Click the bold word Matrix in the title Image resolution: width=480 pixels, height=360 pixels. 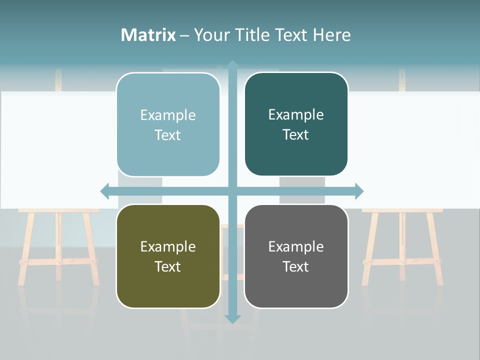point(148,35)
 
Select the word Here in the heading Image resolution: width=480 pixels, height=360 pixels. point(331,35)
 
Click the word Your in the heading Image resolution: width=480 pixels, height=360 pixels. point(211,35)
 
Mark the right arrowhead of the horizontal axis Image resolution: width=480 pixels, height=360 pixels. point(359,191)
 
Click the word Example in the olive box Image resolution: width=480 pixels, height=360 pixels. point(168,246)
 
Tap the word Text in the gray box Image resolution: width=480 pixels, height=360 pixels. point(296,266)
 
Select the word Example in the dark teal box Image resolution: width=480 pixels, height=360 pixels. point(296,114)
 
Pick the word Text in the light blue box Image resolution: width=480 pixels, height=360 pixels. point(168,135)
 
